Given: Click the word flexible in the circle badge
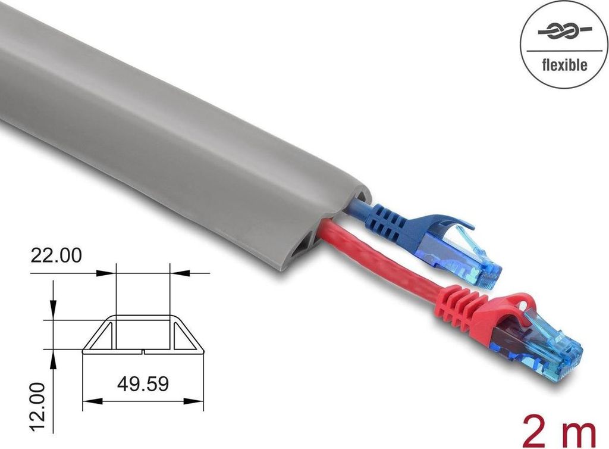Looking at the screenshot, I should [x=564, y=64].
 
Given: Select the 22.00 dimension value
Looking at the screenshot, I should [x=56, y=255].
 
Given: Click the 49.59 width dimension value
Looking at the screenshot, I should [x=143, y=383].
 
